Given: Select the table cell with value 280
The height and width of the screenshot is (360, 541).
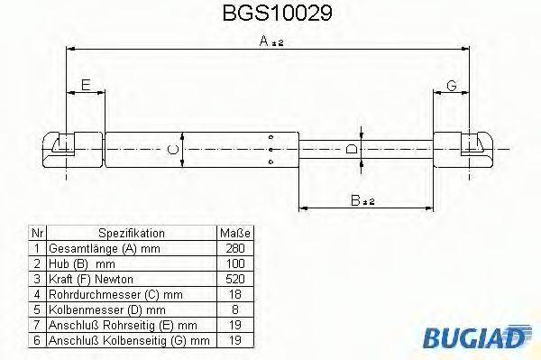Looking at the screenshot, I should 234,247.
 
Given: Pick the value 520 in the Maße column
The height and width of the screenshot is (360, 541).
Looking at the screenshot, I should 234,279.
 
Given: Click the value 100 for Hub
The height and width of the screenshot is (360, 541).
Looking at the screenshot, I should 234,263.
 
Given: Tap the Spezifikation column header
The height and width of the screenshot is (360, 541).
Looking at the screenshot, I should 131,232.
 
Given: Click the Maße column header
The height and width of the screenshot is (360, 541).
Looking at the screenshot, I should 234,232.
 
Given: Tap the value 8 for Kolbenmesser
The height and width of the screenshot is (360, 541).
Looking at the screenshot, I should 234,309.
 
